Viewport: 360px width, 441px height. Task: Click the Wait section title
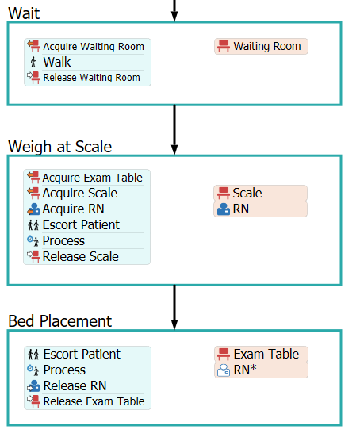click(x=24, y=13)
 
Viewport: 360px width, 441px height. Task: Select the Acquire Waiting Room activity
click(x=87, y=47)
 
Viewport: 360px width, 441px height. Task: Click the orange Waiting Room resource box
click(x=261, y=47)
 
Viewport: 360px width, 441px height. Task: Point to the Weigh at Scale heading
click(x=60, y=147)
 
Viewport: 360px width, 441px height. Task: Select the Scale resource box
click(x=260, y=194)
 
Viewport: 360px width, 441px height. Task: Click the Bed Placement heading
click(x=60, y=321)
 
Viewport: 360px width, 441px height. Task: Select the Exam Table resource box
click(x=261, y=354)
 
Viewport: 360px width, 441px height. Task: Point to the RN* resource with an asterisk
click(x=261, y=370)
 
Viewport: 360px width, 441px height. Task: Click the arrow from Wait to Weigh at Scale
click(x=174, y=130)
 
